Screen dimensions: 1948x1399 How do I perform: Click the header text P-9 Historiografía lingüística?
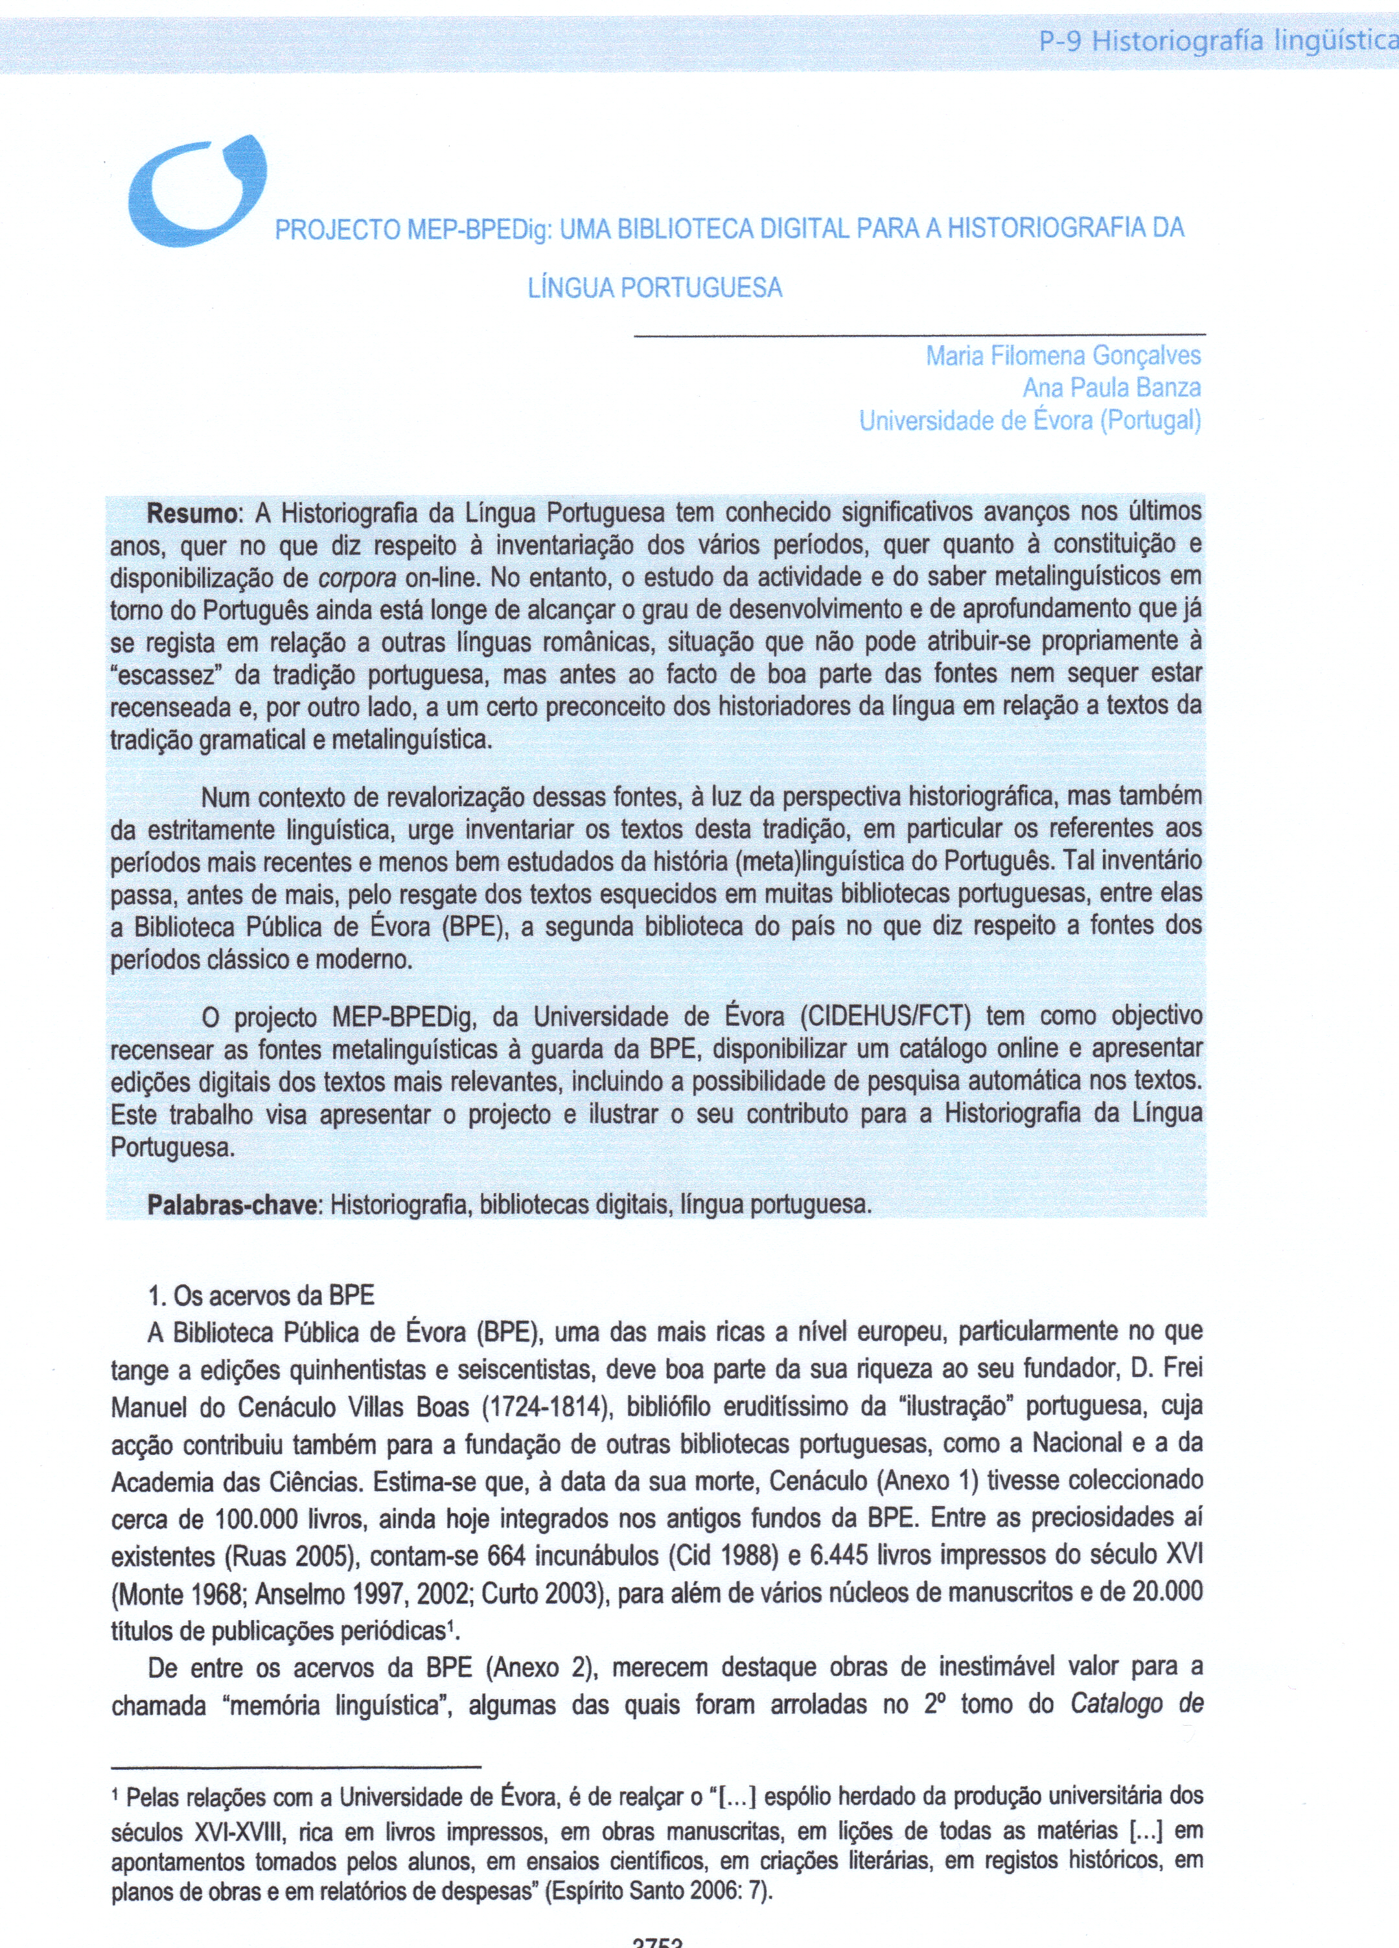1218,40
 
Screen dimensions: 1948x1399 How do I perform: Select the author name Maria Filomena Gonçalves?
1062,356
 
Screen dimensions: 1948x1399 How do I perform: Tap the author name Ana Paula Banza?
1111,388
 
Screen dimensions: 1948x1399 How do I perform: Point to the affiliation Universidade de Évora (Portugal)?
1030,421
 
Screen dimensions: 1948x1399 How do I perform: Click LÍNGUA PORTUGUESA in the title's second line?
654,288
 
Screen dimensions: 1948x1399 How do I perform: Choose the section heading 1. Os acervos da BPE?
261,1296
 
